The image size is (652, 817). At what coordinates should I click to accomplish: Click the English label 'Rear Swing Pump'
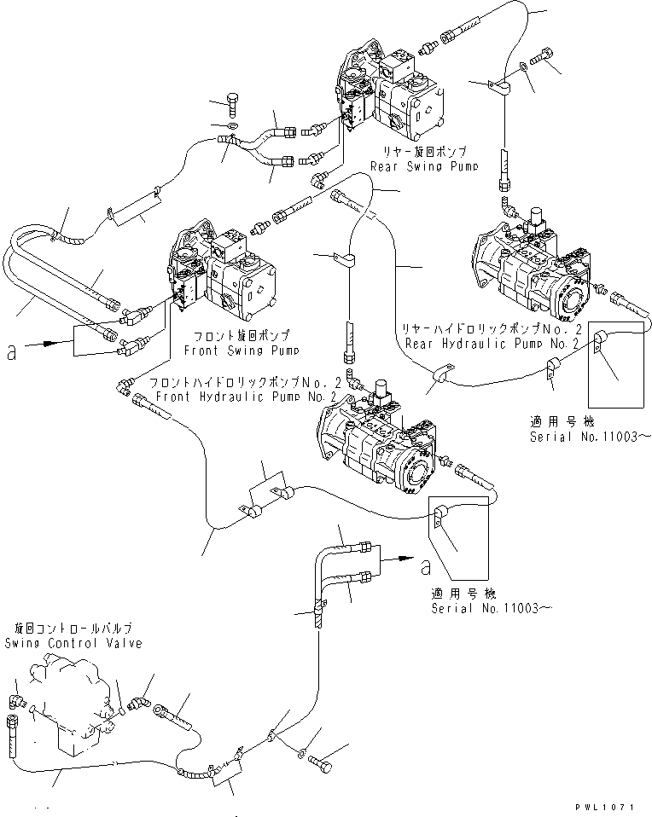[417, 166]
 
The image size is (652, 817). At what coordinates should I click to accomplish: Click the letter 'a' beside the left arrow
[11, 351]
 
